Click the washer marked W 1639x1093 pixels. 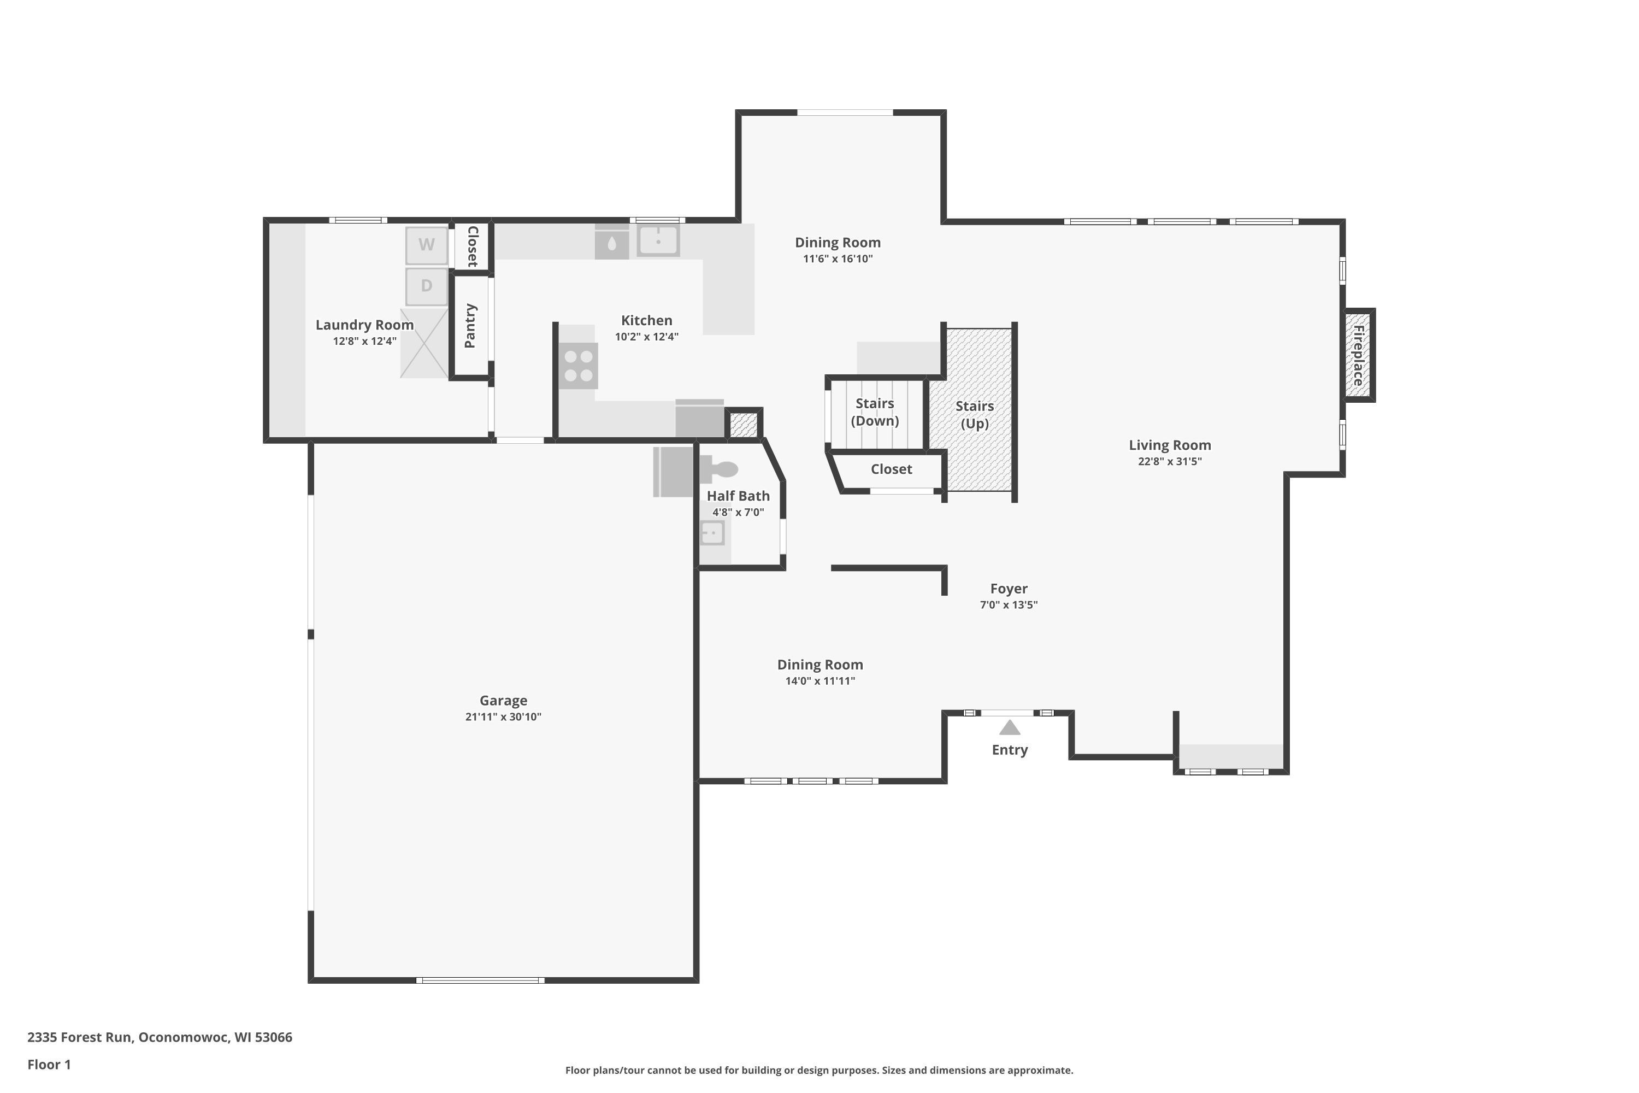coord(427,245)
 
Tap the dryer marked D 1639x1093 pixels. coord(427,286)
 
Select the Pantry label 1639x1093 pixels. coord(470,326)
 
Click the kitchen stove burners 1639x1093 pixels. coord(579,366)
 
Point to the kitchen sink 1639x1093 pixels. coord(658,240)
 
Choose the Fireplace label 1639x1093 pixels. coord(1358,356)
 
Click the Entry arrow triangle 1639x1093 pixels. coord(1010,728)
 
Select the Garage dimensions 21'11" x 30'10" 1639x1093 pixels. coord(503,716)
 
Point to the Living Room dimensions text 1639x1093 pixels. coord(1170,461)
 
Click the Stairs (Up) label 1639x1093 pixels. coord(975,415)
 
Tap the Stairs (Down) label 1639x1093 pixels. coord(875,412)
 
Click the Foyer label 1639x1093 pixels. coord(1009,589)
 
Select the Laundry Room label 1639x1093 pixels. coord(364,325)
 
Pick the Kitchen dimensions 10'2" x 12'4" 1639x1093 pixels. coord(647,337)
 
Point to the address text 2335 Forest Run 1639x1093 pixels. coord(79,1037)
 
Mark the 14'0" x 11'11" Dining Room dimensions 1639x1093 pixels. coord(820,681)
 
